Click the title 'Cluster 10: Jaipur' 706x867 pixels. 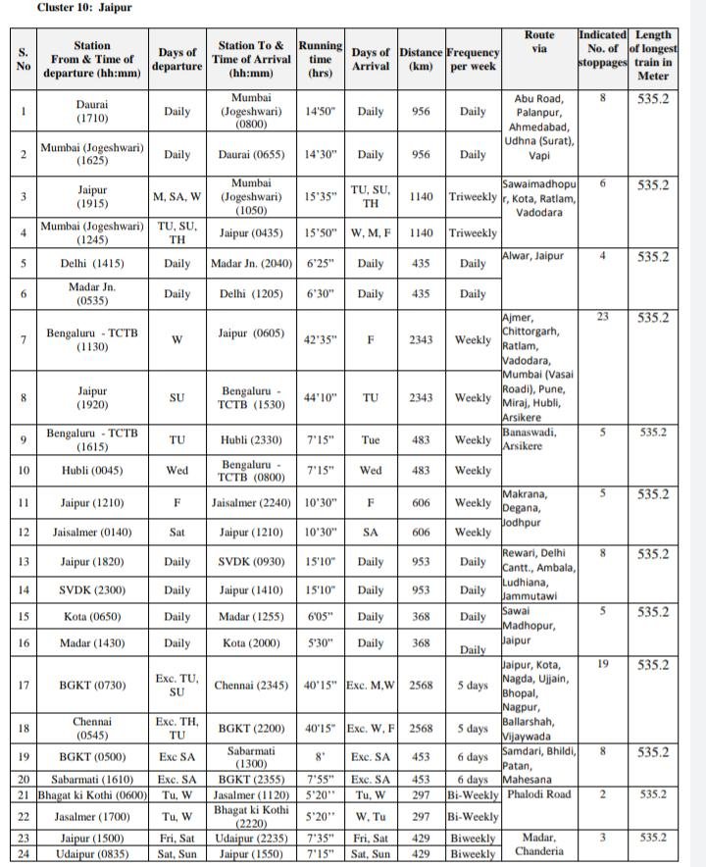click(71, 8)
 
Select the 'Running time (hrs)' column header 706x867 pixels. click(321, 59)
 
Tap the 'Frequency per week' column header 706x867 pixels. click(473, 59)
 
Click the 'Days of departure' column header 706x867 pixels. click(177, 59)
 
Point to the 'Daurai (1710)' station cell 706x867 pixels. click(92, 111)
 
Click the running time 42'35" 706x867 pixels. click(321, 339)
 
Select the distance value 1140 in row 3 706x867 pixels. click(421, 197)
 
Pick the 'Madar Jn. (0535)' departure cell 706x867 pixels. click(92, 293)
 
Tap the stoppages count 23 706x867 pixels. click(603, 317)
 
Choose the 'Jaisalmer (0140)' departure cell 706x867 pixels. click(92, 533)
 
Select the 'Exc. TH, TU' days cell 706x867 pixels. click(177, 729)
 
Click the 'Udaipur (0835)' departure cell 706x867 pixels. click(92, 853)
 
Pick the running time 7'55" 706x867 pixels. click(321, 779)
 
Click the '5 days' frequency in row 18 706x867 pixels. click(473, 729)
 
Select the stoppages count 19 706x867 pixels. click(603, 664)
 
